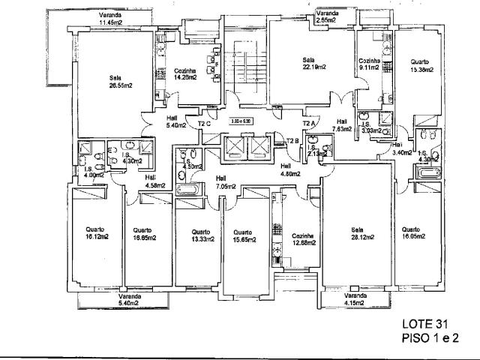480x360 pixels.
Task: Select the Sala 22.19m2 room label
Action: click(308, 64)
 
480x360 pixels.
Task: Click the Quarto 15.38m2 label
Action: click(419, 65)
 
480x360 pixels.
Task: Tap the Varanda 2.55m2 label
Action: click(328, 18)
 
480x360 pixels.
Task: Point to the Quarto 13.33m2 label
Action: click(199, 235)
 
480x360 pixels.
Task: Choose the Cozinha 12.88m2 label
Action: click(304, 239)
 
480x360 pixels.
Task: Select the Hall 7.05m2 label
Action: click(226, 182)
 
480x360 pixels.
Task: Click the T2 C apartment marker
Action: click(203, 124)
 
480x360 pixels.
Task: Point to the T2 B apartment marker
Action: click(293, 139)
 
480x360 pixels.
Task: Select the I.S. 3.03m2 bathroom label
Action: click(370, 127)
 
